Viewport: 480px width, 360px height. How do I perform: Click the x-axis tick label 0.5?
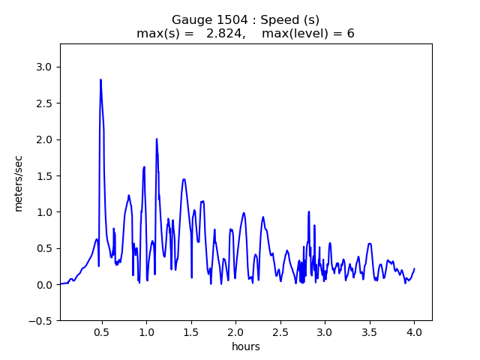coord(101,332)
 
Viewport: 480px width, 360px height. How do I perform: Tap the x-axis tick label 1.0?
coord(146,332)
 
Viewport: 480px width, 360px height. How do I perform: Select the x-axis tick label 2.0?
coord(235,332)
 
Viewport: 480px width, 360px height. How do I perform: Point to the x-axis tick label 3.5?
coord(369,332)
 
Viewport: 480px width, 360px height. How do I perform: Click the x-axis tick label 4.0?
coord(414,332)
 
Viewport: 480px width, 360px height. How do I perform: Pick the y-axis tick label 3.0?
coord(44,67)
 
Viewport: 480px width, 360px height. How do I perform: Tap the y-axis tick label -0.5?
coord(41,320)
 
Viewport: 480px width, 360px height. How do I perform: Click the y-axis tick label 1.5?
coord(44,175)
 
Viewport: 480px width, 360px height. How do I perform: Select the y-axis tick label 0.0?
coord(44,284)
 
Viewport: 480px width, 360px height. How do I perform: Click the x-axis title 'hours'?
coord(246,346)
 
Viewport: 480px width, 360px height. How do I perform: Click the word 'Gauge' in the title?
coord(192,20)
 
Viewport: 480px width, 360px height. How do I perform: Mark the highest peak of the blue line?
coord(100,79)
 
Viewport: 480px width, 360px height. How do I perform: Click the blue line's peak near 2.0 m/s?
coord(157,139)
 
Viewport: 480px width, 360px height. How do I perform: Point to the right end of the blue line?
coord(414,268)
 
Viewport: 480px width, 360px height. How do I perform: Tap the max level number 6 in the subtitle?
coord(350,34)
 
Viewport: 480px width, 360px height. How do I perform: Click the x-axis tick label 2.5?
coord(280,332)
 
